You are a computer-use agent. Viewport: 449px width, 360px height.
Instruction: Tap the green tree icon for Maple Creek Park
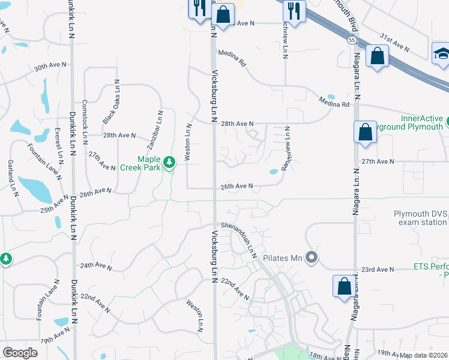169,162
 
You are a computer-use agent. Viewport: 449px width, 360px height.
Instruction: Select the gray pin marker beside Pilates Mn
311,258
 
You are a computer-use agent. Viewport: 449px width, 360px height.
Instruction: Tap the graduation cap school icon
441,53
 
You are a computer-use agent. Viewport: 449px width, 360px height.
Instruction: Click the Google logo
20,353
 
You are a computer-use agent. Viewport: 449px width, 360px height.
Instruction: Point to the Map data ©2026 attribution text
424,355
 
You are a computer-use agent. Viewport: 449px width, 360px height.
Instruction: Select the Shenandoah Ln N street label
239,239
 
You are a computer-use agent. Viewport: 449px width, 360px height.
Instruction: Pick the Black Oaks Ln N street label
111,102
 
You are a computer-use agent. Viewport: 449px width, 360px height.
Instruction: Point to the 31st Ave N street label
394,43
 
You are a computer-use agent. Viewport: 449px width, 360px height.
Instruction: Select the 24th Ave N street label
97,265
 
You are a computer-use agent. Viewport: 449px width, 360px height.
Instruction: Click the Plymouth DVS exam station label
420,218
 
